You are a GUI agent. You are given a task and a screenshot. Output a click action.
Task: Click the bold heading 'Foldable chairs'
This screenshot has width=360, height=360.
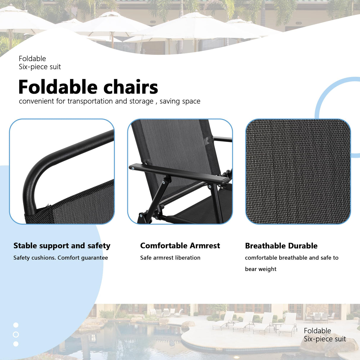88,87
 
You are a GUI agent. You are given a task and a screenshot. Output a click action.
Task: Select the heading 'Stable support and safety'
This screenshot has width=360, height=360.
62,246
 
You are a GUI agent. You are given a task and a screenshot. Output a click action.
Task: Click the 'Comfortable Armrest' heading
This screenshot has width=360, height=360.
180,246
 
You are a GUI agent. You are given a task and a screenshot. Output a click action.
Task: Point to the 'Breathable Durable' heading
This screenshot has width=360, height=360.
281,246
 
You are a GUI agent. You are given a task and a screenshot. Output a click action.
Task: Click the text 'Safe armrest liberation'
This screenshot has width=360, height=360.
170,258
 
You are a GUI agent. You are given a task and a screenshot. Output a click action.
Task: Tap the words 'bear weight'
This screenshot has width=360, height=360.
261,269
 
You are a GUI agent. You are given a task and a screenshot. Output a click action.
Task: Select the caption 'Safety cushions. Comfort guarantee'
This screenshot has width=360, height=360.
61,258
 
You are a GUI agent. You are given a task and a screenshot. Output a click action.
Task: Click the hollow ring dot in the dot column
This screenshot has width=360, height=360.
16,334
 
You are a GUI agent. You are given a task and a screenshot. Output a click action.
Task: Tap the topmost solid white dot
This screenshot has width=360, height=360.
16,325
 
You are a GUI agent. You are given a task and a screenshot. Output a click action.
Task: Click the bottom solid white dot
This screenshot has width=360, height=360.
16,344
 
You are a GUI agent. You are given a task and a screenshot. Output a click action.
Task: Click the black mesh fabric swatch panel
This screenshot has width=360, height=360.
298,171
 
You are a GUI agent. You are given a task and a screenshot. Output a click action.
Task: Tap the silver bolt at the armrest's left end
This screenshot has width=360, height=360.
133,168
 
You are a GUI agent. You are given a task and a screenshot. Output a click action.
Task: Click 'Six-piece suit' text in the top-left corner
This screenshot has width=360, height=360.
40,67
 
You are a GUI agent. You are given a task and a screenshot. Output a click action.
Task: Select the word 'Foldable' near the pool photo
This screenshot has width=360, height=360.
317,331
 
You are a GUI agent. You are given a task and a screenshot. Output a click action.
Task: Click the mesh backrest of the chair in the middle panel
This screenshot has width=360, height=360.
174,146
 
